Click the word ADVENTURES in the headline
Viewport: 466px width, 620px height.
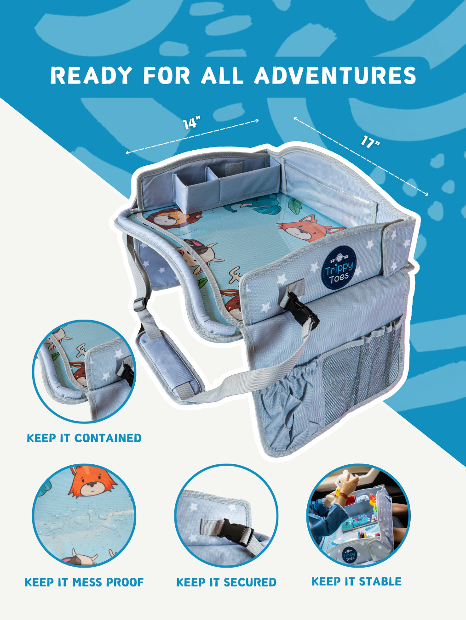(335, 75)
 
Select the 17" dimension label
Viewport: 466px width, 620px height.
(370, 141)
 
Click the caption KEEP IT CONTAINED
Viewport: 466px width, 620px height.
(84, 438)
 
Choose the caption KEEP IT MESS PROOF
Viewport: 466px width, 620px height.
(84, 582)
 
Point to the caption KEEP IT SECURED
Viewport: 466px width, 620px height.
(226, 582)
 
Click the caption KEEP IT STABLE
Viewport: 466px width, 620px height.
(356, 581)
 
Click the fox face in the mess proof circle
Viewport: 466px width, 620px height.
(92, 486)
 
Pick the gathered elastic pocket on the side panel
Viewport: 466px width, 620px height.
(292, 395)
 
